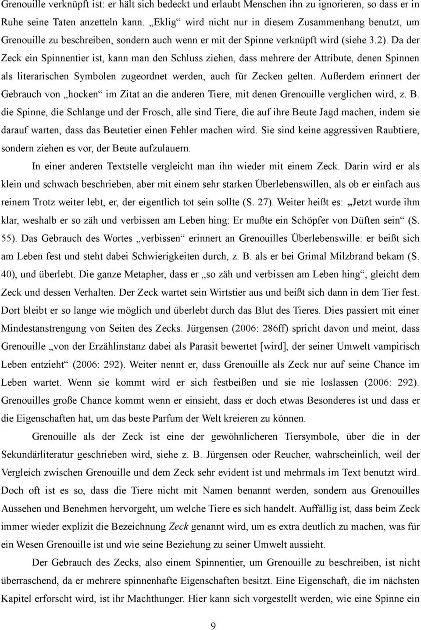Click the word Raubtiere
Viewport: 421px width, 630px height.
coord(395,130)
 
